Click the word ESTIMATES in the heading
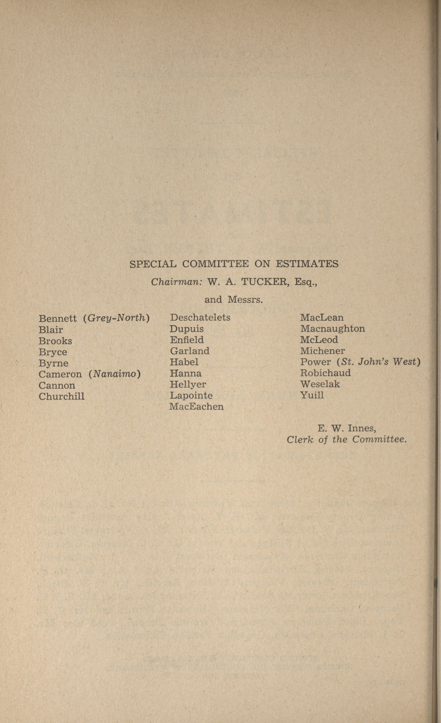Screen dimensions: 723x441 (x=307, y=264)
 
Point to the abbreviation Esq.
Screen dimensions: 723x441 (x=306, y=282)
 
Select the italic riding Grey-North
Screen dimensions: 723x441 (x=117, y=318)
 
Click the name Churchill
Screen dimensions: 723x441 (x=62, y=396)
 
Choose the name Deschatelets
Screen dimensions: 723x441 (x=200, y=318)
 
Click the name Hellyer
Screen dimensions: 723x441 (x=188, y=384)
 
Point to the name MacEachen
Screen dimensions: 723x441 (x=196, y=407)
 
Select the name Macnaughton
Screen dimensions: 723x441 (x=332, y=329)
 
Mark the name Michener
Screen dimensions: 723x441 (x=322, y=351)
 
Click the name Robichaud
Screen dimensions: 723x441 (x=325, y=373)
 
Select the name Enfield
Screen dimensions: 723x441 (x=187, y=340)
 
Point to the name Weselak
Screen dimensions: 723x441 (x=320, y=384)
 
